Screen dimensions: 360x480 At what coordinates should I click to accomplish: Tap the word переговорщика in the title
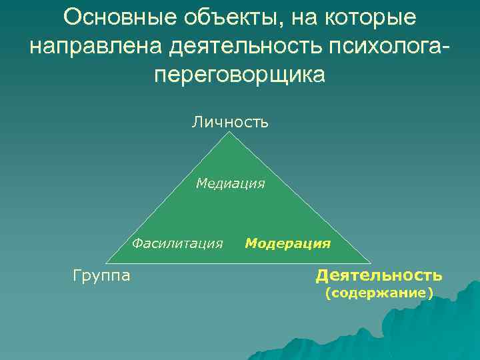coord(240,74)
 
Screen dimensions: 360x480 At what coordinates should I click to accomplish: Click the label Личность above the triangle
coord(230,122)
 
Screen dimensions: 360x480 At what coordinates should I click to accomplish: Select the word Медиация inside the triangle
coord(230,183)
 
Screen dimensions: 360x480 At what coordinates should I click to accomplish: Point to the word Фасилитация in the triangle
coord(177,243)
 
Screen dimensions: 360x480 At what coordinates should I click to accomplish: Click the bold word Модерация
coord(288,243)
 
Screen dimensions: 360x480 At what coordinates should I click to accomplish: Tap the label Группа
coord(101,275)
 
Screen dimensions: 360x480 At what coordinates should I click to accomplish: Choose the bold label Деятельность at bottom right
coord(379,275)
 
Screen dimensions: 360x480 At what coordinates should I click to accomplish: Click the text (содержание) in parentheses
coord(379,293)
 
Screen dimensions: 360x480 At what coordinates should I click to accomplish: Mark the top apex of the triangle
coord(230,132)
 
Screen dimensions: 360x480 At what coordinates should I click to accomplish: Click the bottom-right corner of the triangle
coord(371,263)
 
